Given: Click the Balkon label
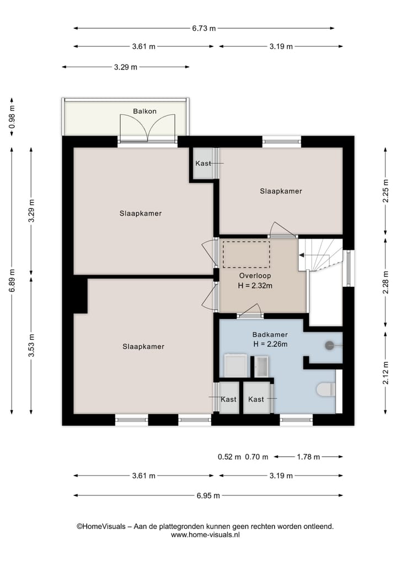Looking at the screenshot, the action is pos(144,111).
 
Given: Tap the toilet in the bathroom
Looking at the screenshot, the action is pos(326,389).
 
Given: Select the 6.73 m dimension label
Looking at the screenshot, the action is pos(204,28).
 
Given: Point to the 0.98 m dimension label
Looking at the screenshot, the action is pos(12,117).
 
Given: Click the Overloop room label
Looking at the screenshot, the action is pos(255,276).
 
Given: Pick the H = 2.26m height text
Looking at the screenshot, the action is pos(270,344).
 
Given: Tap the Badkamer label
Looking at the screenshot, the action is pos(270,334).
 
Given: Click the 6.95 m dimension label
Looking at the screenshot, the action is pos(208,495).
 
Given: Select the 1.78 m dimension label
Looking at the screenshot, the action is pos(308,457).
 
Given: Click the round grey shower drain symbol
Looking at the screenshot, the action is pos(329,346).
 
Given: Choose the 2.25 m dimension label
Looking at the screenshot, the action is pos(385,191).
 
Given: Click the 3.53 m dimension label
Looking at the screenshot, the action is pos(31,345).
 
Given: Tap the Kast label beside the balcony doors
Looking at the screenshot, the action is pos(203,163).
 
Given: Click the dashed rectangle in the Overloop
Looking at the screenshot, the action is pos(246,254).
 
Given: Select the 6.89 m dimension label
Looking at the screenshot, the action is pos(12,280).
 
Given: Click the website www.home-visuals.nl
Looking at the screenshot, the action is pos(205,535).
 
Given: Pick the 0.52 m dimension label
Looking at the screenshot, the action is pos(229,457).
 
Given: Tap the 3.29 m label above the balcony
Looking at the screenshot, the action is pos(126,67).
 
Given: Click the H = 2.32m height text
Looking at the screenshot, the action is pos(255,286).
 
